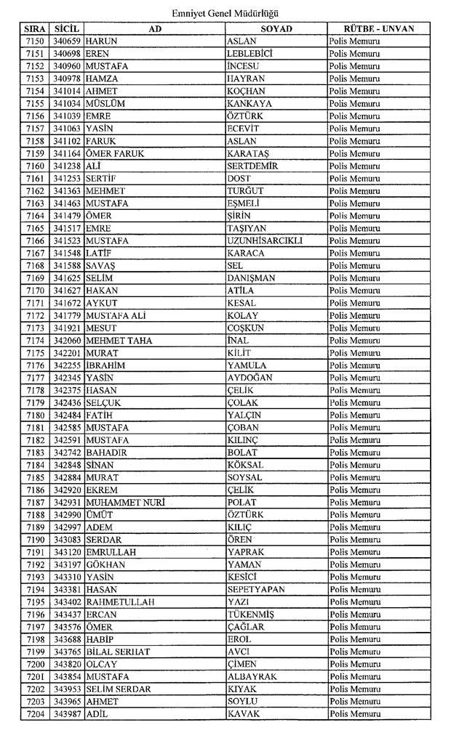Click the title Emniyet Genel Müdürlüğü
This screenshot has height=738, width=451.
click(225, 13)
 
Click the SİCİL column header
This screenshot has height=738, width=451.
click(66, 28)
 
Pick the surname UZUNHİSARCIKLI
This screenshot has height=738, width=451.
click(265, 240)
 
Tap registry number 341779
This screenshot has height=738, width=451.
click(66, 315)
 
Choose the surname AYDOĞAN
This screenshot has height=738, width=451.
click(250, 378)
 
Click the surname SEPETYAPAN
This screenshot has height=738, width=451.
click(255, 590)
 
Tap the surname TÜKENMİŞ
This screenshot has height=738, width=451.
click(251, 615)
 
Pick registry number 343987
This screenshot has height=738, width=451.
click(66, 714)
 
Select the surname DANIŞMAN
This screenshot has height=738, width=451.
click(251, 278)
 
